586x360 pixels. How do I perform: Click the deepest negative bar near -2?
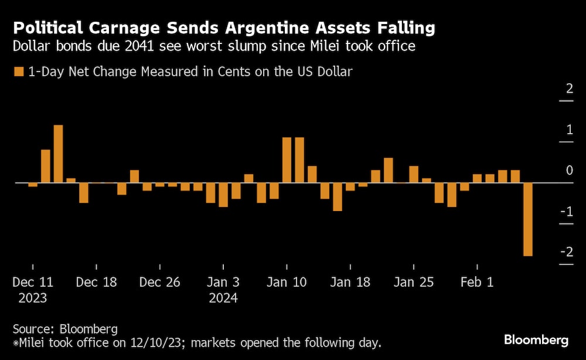tap(527, 219)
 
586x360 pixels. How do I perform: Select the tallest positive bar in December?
tap(58, 154)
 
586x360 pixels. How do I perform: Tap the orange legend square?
tap(18, 72)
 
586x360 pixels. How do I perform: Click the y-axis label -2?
tap(566, 252)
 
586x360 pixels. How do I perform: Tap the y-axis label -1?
tap(566, 211)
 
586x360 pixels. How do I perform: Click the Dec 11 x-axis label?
tap(33, 282)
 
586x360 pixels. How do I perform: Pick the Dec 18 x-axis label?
tap(96, 282)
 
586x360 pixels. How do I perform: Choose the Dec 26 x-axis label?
tap(159, 282)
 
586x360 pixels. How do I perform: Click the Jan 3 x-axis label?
tap(223, 282)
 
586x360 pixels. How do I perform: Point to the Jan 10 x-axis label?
tap(287, 282)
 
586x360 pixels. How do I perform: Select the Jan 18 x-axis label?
tap(350, 282)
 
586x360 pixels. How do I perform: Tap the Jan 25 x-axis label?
tap(413, 282)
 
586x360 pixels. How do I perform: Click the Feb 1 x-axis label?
tap(476, 282)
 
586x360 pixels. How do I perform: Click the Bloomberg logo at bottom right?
tap(536, 339)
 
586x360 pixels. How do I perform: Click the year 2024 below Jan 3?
tap(223, 298)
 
